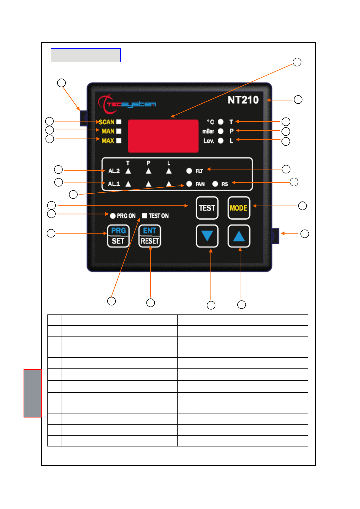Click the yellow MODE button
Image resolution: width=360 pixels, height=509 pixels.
coord(239,208)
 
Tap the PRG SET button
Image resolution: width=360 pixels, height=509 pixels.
coord(118,236)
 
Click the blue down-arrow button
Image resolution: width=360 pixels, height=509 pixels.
coord(207,236)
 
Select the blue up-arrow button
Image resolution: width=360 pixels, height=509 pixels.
coord(239,236)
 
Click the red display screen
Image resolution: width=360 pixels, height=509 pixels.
coord(163,136)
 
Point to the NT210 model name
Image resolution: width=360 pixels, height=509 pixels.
coord(243,100)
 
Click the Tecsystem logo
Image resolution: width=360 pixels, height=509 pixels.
coord(127,104)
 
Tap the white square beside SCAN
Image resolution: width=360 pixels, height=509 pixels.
coord(119,122)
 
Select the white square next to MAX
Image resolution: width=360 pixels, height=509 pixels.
coord(119,141)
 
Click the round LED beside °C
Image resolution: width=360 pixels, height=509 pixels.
coord(220,122)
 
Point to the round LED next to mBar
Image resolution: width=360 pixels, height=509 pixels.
coord(220,131)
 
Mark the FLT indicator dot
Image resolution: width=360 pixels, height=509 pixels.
coord(189,171)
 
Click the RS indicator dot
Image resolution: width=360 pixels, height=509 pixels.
coord(215,184)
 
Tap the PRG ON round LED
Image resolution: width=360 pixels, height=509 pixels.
coord(113,216)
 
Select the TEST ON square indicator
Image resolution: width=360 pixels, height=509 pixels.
coord(144,216)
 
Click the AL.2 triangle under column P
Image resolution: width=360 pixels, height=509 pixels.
coord(149,171)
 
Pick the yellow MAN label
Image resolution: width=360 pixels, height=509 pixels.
coord(108,131)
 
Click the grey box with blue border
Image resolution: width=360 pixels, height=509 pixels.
coord(86,55)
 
